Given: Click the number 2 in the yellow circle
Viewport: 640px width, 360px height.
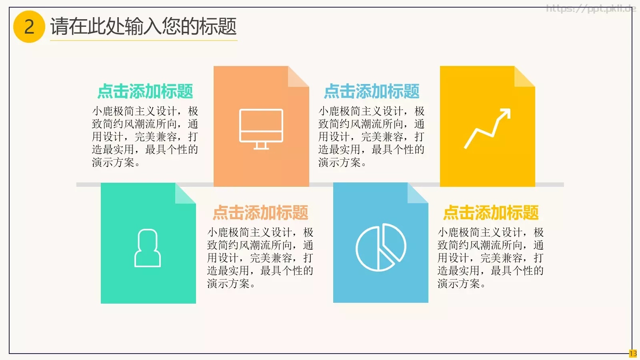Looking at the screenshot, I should coord(29,27).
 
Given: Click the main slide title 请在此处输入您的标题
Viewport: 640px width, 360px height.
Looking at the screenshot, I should coord(143,26).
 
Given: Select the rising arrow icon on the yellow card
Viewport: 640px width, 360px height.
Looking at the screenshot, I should coord(487,128).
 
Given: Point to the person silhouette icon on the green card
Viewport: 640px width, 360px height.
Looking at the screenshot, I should coord(148,248).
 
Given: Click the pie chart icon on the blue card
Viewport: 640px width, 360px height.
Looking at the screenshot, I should coord(381,247).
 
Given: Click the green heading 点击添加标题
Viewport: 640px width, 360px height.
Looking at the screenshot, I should coord(145,91).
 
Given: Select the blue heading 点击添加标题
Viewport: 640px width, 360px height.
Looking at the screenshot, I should coord(372,91).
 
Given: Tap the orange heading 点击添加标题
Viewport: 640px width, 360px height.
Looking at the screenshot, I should coord(260,212).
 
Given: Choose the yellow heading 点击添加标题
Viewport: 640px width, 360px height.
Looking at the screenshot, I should coord(491,212).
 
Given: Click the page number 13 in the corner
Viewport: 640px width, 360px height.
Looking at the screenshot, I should coord(633,354).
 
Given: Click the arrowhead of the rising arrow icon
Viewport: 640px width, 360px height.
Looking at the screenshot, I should coord(506,113).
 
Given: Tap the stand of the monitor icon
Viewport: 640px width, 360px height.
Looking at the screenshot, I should coord(261,146).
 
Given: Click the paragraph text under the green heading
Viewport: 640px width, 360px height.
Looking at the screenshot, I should coord(145,136).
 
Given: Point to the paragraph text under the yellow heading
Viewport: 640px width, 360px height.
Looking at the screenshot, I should coord(490,258).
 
